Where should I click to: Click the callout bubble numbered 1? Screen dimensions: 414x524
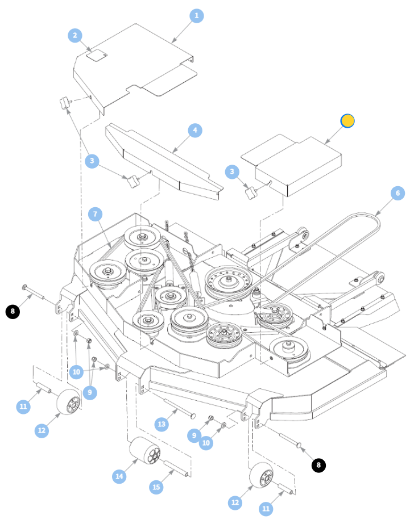coord(196,16)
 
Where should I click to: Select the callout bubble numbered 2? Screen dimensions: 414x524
coord(75,35)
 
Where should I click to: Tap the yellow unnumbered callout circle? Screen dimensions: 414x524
coord(347,121)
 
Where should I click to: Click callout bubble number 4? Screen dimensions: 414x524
coord(195,131)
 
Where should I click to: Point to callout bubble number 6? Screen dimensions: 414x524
coord(398,193)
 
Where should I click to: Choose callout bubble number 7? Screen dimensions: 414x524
coord(96,214)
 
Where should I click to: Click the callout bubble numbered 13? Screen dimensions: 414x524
coord(162,425)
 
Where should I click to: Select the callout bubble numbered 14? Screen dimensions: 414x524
coord(119,476)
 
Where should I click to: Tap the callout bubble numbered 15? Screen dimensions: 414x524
coord(156,487)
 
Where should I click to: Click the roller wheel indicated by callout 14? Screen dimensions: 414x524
coord(145,450)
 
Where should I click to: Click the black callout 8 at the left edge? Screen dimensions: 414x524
coord(13,312)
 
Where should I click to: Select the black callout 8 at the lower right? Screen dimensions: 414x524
coord(318,465)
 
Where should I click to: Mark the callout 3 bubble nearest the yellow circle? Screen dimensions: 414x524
coord(232,172)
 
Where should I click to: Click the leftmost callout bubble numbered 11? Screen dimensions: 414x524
coord(23,406)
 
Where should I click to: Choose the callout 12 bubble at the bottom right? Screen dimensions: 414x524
coord(235,502)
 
